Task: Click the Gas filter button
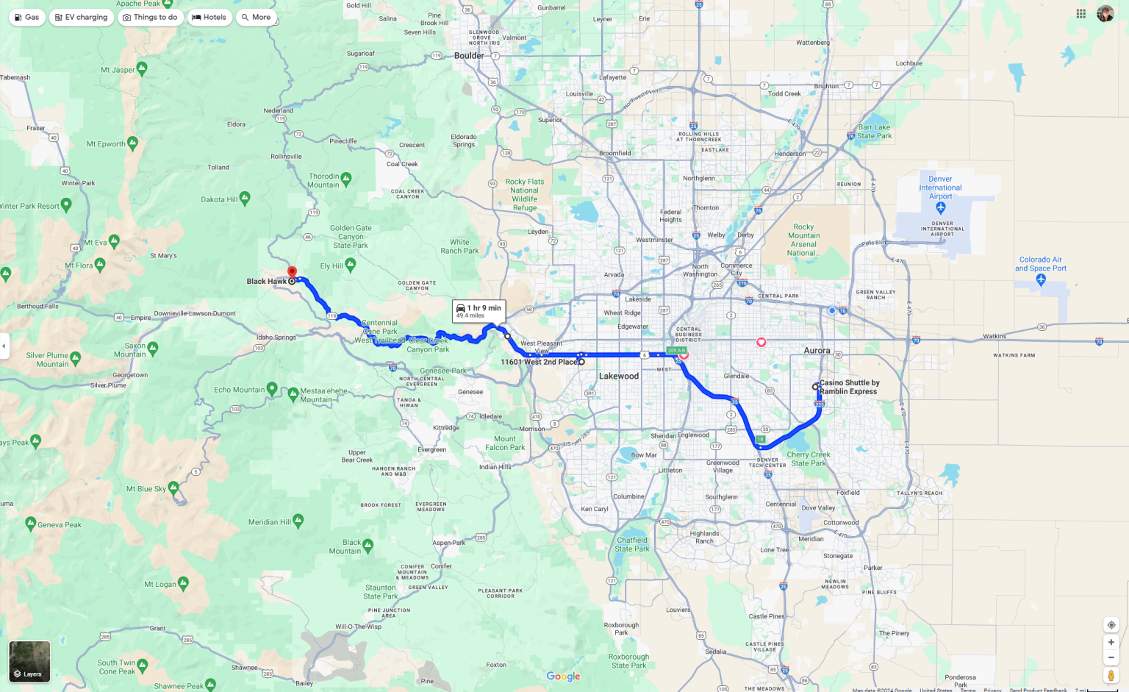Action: coord(26,17)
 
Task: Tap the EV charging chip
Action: coord(81,17)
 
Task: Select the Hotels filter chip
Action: coord(209,17)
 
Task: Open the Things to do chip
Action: coord(150,17)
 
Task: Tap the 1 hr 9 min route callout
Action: coord(479,311)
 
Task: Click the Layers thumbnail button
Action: coord(29,661)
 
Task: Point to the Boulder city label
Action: coord(469,56)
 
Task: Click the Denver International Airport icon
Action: coord(940,208)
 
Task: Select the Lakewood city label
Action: coord(619,377)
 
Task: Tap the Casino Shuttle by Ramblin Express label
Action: coord(849,387)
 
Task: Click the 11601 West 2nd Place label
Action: coord(538,362)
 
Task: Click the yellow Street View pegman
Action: coord(1111,675)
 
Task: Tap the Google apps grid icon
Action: coord(1080,13)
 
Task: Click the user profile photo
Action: coord(1105,13)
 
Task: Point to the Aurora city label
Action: coord(817,351)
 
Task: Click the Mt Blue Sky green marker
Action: coord(173,487)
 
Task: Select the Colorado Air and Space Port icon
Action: coord(1040,279)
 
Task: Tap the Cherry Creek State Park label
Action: coord(809,459)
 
